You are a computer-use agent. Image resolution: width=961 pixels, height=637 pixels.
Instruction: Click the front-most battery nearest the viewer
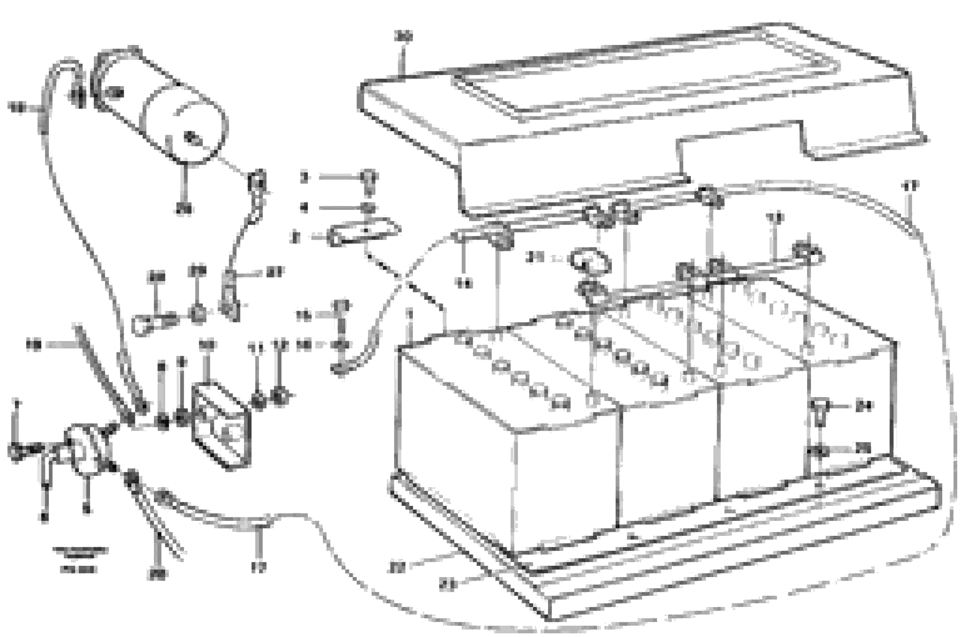pos(507,459)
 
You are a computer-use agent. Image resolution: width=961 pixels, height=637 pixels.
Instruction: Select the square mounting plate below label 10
pos(221,427)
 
